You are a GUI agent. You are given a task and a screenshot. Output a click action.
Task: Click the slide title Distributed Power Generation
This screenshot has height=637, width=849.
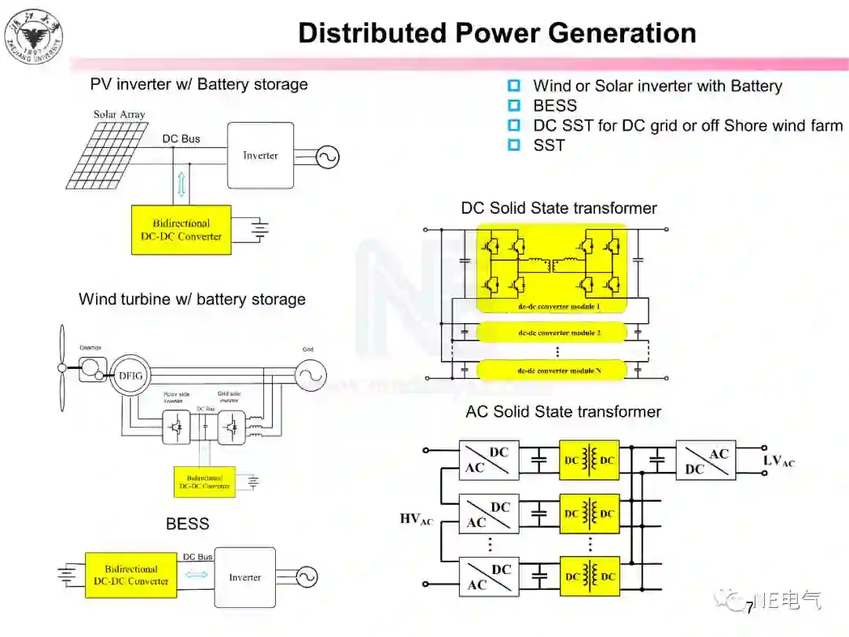point(497,33)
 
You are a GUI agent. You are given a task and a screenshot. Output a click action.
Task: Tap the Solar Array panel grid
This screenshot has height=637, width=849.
point(107,154)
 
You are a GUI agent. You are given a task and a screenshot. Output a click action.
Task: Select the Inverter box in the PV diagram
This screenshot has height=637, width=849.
point(260,155)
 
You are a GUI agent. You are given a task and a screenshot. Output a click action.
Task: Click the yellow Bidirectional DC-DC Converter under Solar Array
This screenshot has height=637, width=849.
point(182,230)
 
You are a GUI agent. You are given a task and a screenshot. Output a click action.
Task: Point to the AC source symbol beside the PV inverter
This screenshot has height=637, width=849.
point(327,157)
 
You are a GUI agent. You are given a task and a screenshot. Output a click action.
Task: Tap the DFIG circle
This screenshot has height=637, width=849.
point(130,375)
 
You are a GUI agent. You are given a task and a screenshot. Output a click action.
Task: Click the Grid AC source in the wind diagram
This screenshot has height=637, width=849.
point(310,376)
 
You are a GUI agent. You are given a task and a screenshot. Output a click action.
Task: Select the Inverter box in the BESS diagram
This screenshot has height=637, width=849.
point(245,577)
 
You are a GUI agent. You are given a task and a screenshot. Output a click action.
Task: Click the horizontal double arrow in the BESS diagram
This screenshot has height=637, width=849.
point(196,574)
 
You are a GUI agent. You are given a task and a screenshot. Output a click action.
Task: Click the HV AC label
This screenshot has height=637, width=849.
point(417,519)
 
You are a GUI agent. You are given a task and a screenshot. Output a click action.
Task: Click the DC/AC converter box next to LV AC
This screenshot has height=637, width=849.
point(706,460)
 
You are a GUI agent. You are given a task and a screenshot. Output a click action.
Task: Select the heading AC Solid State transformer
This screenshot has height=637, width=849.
point(563,412)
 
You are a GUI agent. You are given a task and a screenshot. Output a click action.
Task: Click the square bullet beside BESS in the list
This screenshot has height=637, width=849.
point(514,105)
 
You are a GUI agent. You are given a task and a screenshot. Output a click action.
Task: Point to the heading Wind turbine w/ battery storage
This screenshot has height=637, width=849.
point(192,300)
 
